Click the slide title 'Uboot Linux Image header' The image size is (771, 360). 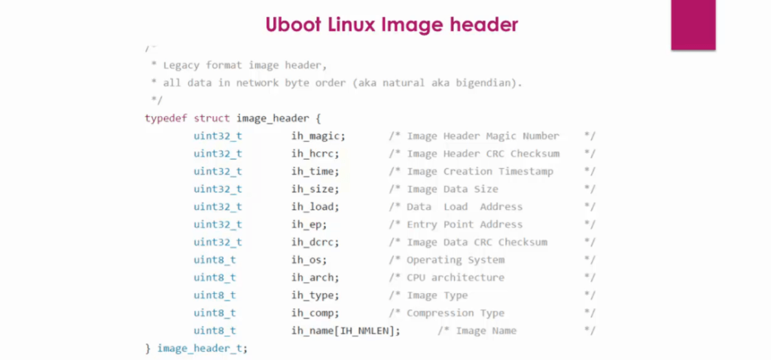click(392, 25)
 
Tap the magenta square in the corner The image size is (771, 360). click(693, 25)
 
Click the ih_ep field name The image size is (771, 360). click(309, 224)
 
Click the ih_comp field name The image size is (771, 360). click(315, 313)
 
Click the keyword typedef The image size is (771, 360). click(166, 118)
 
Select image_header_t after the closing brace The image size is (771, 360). click(202, 349)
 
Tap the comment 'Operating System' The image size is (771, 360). click(456, 260)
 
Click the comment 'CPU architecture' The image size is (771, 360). click(456, 278)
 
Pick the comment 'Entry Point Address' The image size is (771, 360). click(465, 224)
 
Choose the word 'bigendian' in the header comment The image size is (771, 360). click(490, 83)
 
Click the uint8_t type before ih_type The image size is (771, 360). click(215, 295)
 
